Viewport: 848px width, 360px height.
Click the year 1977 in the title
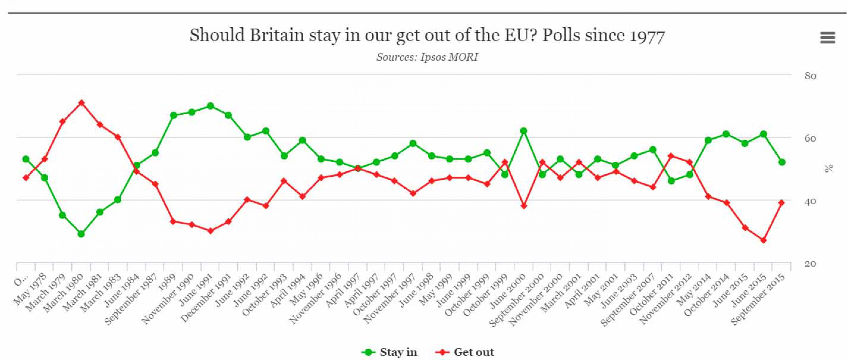647,36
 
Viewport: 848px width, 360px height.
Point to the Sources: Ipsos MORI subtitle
427,57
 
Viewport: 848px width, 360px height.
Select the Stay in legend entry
389,352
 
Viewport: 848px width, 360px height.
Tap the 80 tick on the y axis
810,76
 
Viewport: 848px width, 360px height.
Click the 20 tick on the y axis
810,263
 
